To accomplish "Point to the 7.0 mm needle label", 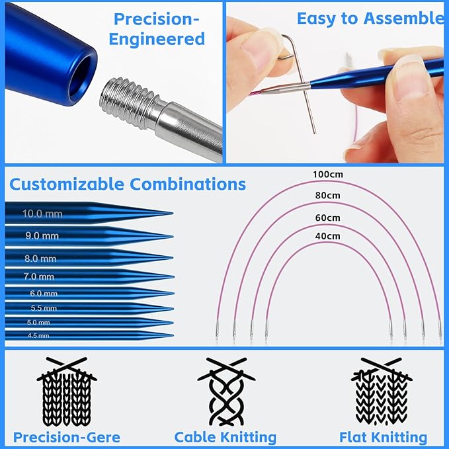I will click(x=39, y=276).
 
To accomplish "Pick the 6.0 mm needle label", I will click(x=44, y=293).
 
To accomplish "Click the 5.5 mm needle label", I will click(x=44, y=307).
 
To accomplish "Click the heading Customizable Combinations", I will click(x=128, y=184).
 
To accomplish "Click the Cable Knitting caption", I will click(x=225, y=437).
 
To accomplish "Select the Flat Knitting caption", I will click(x=384, y=437).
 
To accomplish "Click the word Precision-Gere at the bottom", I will click(x=67, y=437).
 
